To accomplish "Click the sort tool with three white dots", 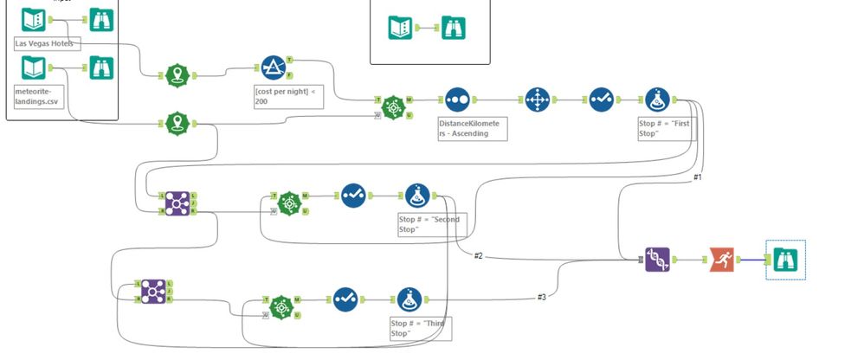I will [x=458, y=100].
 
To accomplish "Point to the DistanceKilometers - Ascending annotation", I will [x=470, y=128].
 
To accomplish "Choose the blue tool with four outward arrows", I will [x=538, y=100].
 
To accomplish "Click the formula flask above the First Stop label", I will [x=659, y=100].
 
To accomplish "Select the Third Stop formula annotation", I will [x=419, y=328].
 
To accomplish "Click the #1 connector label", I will [x=697, y=177].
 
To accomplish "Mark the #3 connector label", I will [x=541, y=297].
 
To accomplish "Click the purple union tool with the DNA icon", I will [x=657, y=259].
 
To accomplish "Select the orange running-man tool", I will [x=722, y=259].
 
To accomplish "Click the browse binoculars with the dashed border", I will [x=785, y=260].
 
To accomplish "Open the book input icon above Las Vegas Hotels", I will [x=33, y=18].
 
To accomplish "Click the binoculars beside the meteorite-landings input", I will [x=100, y=67].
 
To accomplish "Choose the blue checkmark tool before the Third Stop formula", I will [x=345, y=300].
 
